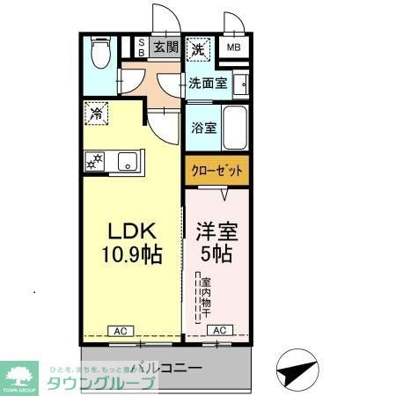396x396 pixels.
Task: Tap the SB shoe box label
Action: [139, 47]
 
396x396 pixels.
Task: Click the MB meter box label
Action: [234, 48]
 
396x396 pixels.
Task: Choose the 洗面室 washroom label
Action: [208, 84]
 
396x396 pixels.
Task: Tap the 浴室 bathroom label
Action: [203, 127]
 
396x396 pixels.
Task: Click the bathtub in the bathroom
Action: [235, 128]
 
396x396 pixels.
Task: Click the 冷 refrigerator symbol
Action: [96, 114]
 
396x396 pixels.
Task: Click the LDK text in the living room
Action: [131, 231]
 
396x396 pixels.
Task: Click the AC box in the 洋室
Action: [220, 331]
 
